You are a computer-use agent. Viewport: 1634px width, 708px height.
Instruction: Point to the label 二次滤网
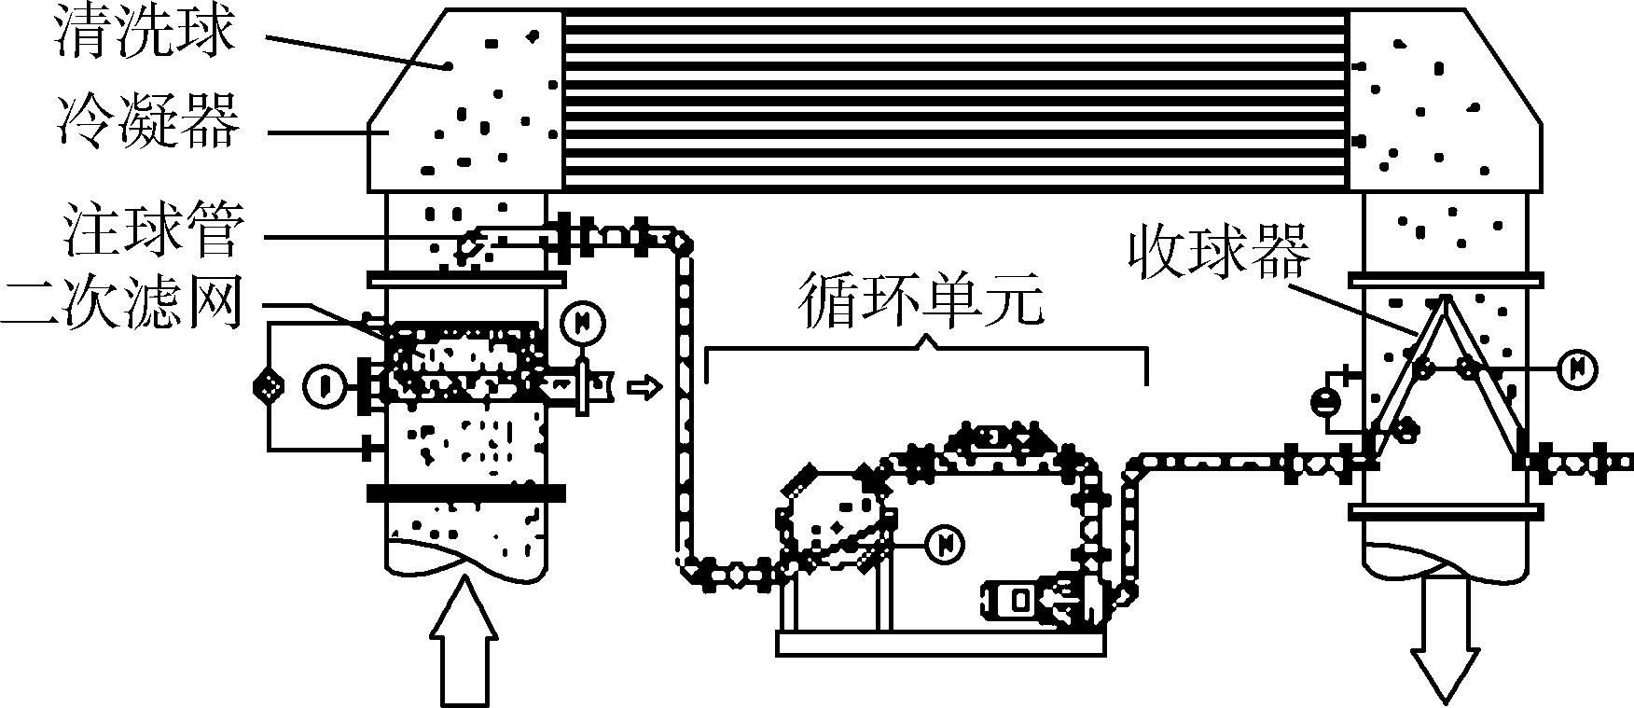point(121,304)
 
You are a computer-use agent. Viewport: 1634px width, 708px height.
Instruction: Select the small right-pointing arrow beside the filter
point(644,385)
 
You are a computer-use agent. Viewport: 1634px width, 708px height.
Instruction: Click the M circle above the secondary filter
point(584,323)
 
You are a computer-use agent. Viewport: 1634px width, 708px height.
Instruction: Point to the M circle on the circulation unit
point(945,542)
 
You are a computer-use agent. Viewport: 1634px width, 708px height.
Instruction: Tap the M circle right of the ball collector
point(1577,369)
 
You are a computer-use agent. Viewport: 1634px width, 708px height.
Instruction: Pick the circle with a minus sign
point(1325,402)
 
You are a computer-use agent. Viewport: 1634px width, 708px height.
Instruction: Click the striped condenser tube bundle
point(956,97)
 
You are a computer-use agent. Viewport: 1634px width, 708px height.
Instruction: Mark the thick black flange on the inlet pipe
point(466,493)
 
